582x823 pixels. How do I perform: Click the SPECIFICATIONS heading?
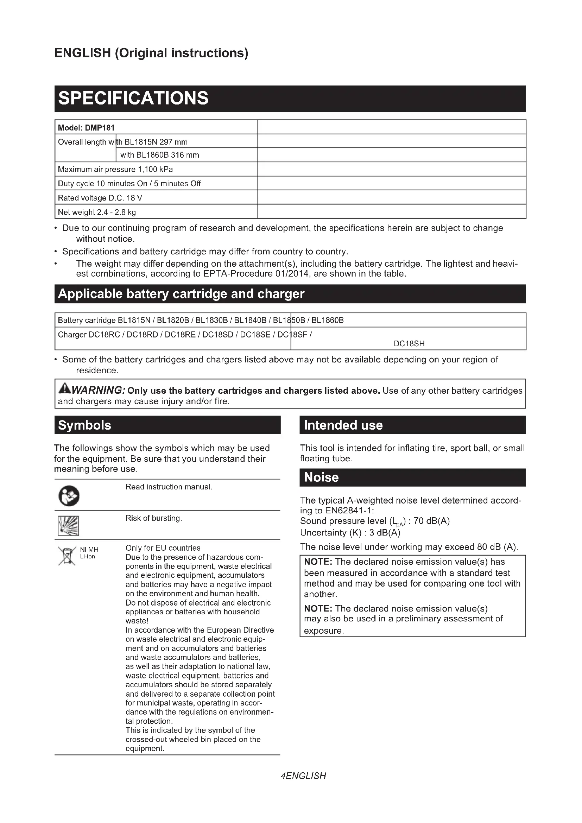tap(133, 98)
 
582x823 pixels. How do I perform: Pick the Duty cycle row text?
tap(129, 184)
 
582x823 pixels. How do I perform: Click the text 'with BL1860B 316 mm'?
tap(159, 155)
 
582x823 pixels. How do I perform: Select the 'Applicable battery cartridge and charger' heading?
tap(181, 294)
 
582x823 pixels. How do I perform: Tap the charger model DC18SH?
tap(409, 343)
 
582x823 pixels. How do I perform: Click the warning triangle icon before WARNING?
tap(65, 388)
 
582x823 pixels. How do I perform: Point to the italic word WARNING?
tap(98, 390)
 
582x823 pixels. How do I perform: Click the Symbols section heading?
tap(84, 425)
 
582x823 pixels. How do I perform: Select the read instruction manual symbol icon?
tap(69, 496)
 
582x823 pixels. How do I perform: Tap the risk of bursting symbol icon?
tap(68, 526)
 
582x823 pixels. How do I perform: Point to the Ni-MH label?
tap(89, 550)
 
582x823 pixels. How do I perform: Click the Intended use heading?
tap(343, 425)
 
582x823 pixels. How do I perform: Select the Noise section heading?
tap(321, 477)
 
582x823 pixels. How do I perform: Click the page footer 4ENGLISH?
tap(304, 776)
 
